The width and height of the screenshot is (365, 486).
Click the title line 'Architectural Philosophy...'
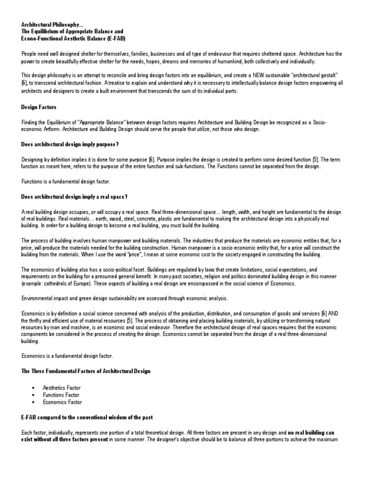pos(51,24)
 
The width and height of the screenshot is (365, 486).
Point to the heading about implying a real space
pos(75,196)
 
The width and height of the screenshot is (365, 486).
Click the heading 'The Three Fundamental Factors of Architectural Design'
pos(86,371)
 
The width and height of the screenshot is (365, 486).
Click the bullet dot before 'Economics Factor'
pos(33,402)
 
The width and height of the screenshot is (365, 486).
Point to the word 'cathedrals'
pos(55,284)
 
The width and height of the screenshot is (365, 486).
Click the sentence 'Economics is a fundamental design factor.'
pos(67,355)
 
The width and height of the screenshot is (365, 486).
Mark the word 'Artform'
pos(50,130)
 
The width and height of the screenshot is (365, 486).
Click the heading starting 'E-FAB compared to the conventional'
pos(87,417)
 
